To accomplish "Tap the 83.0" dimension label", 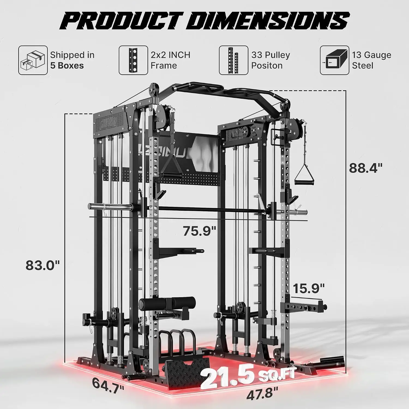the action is [43, 265].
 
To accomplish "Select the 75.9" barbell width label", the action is [199, 231].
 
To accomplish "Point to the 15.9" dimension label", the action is [309, 288].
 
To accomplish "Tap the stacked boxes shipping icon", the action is [33, 60].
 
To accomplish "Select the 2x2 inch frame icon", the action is [133, 60].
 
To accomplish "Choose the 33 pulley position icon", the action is [234, 60].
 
